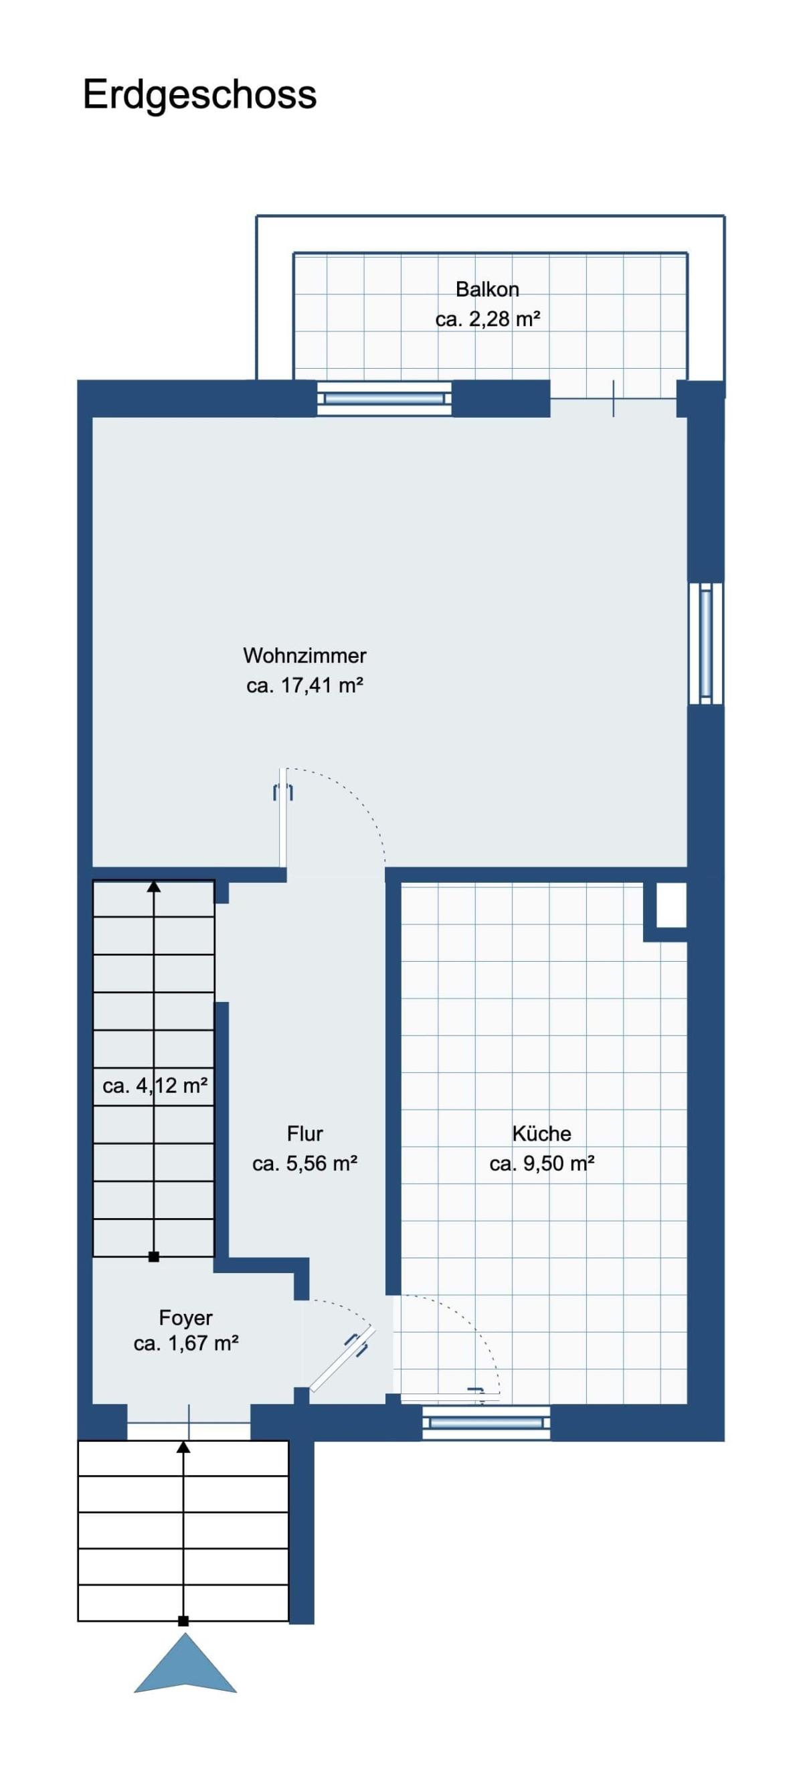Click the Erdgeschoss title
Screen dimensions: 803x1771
point(199,96)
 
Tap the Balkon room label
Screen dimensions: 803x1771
point(486,289)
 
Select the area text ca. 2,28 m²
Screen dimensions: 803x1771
point(487,320)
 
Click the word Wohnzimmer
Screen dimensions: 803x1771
point(304,655)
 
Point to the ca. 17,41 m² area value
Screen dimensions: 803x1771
point(304,685)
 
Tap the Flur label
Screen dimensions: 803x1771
point(304,1134)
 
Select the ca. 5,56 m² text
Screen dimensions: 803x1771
point(304,1164)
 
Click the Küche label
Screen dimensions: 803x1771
point(542,1134)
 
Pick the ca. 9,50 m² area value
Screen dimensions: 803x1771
point(542,1164)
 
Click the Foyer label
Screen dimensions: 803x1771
point(185,1318)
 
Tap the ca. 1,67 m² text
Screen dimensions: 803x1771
point(185,1344)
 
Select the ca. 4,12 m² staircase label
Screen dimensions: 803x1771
point(155,1086)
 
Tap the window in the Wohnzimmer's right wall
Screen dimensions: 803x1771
point(706,643)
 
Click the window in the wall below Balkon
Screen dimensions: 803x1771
point(384,399)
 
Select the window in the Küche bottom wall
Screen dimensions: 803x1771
point(486,1422)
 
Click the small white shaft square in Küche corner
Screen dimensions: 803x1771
point(672,905)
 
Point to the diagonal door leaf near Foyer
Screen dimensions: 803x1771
point(343,1359)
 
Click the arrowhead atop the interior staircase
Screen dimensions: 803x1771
point(154,886)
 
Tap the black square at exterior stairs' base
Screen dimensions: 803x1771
point(183,1621)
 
